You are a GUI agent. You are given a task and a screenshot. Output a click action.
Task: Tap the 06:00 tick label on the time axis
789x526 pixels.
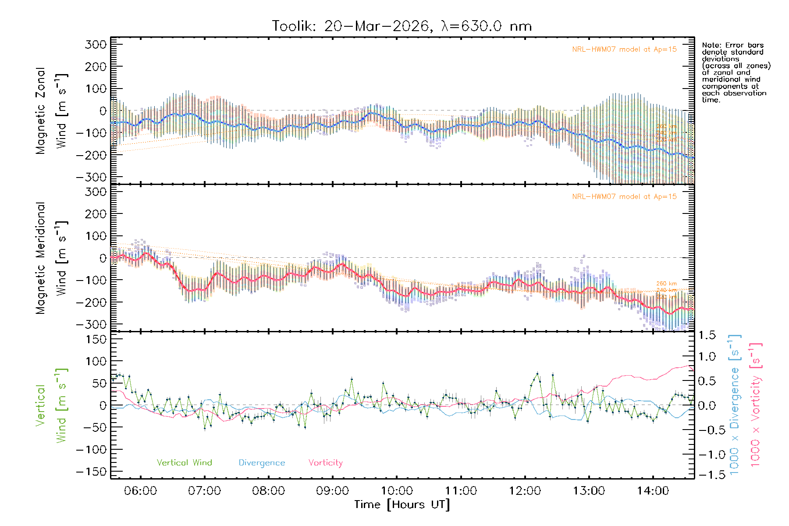[140, 490]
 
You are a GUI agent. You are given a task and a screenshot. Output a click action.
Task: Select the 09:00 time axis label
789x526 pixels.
[332, 490]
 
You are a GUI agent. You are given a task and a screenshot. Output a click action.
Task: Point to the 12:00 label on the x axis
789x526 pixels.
[525, 490]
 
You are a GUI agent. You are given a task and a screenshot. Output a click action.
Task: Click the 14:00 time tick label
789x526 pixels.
[653, 490]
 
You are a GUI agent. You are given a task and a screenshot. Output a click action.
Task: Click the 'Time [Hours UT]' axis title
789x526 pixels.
[402, 505]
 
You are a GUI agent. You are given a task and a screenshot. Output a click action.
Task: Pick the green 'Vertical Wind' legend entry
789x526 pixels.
[184, 462]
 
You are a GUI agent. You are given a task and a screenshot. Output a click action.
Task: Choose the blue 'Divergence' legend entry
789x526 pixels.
[262, 462]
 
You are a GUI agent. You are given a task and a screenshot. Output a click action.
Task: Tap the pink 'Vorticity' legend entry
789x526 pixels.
[325, 462]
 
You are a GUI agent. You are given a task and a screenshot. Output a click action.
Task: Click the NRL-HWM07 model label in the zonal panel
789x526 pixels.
[624, 50]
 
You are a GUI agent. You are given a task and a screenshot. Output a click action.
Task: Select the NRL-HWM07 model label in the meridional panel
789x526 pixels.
[624, 197]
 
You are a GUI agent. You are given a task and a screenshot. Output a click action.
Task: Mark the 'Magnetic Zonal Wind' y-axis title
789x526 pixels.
[52, 111]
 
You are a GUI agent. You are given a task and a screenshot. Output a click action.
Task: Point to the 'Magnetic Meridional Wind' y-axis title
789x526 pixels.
[52, 258]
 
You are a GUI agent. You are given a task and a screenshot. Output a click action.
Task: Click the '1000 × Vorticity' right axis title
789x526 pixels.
[756, 405]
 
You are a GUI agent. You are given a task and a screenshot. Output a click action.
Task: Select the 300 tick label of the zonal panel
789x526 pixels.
[96, 44]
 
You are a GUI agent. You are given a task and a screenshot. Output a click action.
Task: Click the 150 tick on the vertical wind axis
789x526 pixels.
[96, 339]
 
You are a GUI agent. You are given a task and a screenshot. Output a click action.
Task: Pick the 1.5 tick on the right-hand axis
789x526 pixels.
[707, 335]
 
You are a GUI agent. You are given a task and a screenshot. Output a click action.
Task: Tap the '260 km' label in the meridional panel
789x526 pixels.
[666, 284]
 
